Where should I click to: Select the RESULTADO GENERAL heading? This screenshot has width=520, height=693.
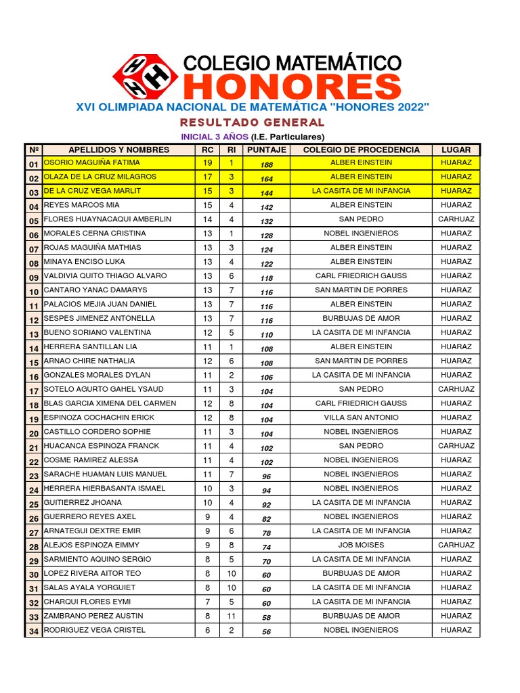[x=252, y=122]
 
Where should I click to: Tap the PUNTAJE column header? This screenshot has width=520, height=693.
[x=267, y=150]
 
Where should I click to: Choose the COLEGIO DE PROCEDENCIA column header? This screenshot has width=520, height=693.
[x=361, y=150]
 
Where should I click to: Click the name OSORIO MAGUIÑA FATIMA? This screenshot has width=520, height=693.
[x=92, y=162]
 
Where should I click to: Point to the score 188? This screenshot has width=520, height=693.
[x=267, y=164]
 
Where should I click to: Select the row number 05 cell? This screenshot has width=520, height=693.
[x=33, y=221]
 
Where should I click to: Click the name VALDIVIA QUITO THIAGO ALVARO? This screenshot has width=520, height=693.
[x=105, y=276]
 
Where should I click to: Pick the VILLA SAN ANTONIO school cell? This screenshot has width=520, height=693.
[x=361, y=418]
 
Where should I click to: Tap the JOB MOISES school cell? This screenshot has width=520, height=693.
[x=361, y=545]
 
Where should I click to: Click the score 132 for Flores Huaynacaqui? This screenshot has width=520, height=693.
[x=267, y=221]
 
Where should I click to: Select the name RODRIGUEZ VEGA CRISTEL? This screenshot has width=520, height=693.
[x=95, y=630]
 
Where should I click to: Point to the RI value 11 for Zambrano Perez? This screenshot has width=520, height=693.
[x=231, y=616]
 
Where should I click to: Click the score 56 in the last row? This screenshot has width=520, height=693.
[x=267, y=632]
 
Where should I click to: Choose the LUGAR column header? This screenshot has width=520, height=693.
[x=456, y=150]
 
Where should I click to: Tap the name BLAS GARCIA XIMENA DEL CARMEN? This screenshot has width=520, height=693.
[x=110, y=403]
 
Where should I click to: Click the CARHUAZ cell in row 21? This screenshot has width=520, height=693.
[x=456, y=446]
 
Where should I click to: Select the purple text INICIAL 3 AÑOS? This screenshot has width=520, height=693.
[x=214, y=137]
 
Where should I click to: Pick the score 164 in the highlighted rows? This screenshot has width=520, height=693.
[x=267, y=179]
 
